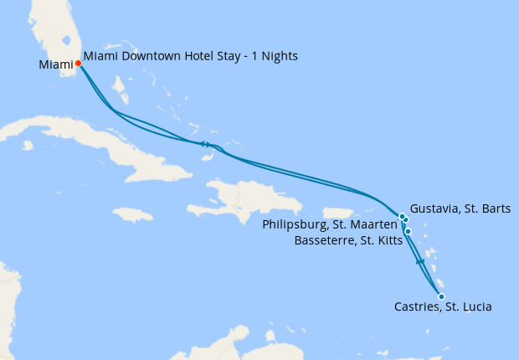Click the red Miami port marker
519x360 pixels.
(78, 63)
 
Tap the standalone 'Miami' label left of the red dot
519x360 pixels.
(55, 64)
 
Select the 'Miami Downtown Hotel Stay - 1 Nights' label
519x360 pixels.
(191, 56)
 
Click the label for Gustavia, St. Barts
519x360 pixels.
(460, 208)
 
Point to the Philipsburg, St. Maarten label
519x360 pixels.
(329, 224)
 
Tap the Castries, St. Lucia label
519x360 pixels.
(443, 307)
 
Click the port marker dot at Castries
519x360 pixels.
(441, 296)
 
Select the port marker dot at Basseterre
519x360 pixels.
(408, 231)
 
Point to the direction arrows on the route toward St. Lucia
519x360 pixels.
(421, 263)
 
